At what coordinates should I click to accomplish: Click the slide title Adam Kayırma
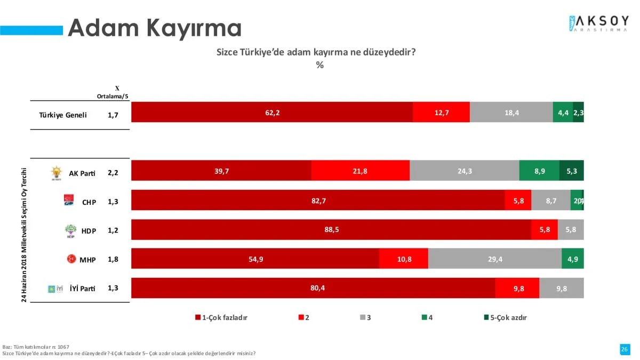155,28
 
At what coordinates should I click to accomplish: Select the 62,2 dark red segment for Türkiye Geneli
272,113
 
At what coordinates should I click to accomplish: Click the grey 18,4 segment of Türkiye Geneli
511,113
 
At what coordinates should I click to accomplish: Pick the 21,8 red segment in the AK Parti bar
360,171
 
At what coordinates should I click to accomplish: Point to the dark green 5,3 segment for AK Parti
571,171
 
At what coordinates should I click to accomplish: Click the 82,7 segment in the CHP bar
318,201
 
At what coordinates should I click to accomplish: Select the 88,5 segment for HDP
331,230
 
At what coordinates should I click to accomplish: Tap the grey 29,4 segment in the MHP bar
494,259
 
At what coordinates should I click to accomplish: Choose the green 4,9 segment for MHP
572,259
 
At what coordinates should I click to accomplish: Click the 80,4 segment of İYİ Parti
313,288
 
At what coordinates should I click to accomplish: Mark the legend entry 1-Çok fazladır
221,317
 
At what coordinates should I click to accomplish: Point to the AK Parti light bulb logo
56,173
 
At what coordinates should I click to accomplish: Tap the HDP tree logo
70,230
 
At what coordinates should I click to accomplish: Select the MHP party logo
71,259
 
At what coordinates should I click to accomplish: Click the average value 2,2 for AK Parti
113,173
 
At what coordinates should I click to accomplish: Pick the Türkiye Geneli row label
63,115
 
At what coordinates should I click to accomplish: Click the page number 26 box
625,349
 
